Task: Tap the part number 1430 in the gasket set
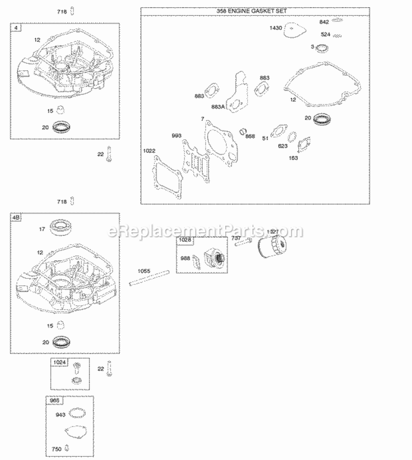coord(276,27)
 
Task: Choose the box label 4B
coord(16,218)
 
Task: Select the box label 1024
coord(58,363)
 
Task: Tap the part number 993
coord(176,135)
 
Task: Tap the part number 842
coord(324,22)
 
